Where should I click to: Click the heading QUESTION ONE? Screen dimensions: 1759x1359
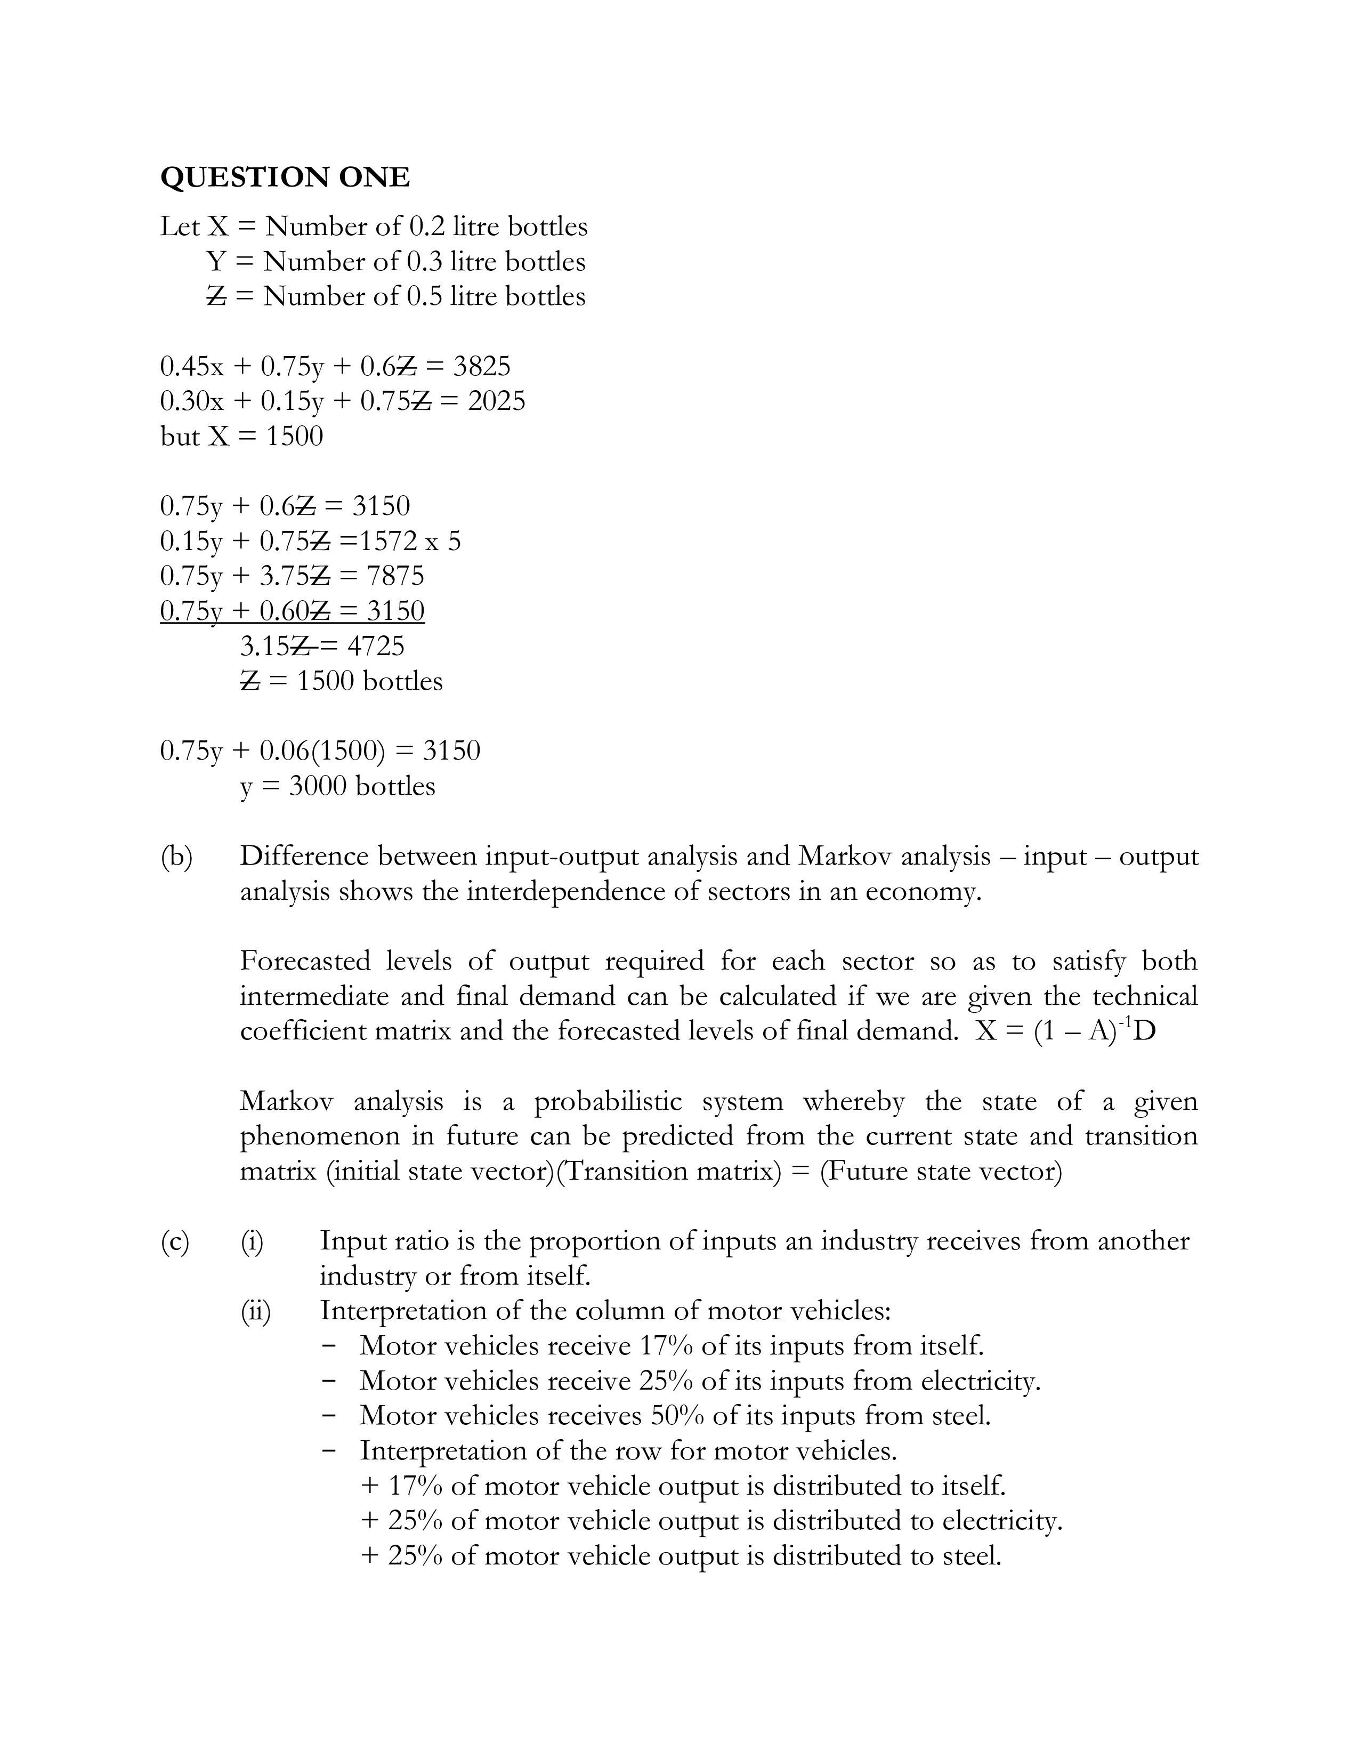pos(285,177)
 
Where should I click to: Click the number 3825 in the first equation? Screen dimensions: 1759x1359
pos(481,367)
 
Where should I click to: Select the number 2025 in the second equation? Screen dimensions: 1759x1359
pos(496,401)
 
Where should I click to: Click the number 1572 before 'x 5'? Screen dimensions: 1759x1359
pos(391,541)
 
